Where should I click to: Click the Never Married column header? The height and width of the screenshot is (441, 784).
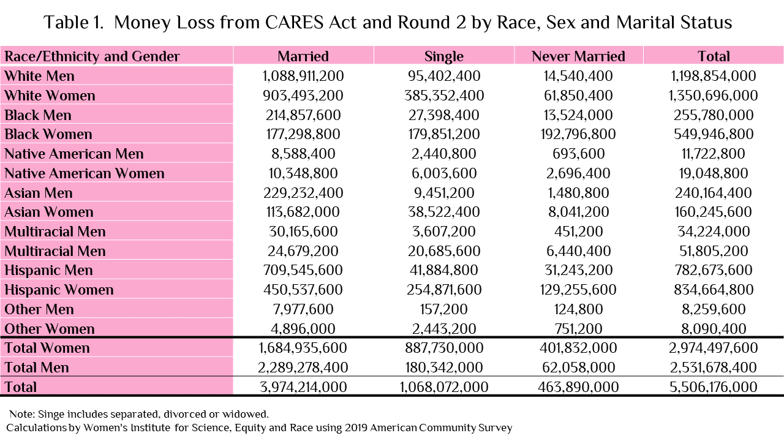(x=578, y=56)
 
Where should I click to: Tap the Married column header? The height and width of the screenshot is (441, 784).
(x=303, y=56)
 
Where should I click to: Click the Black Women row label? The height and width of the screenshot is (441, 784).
(x=48, y=134)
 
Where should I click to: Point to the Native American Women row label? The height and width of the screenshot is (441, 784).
(x=85, y=173)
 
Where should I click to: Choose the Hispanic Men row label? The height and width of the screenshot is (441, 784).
(x=48, y=271)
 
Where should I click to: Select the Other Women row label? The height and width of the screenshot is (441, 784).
(x=50, y=329)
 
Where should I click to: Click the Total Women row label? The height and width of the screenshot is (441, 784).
(x=47, y=349)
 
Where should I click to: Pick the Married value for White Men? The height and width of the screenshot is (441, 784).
(x=303, y=76)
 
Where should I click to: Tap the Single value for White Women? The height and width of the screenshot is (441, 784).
(x=444, y=96)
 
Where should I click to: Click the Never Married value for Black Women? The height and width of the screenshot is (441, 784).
(x=578, y=134)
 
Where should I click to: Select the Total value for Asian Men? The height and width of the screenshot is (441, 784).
(x=714, y=193)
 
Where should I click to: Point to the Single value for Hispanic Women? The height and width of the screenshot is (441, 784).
(x=444, y=290)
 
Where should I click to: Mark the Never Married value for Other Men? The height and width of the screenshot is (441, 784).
(x=578, y=309)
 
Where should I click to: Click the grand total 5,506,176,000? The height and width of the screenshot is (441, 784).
(x=714, y=387)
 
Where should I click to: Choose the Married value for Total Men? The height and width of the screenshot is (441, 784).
(x=303, y=367)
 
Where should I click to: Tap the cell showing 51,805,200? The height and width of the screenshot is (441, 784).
(x=714, y=251)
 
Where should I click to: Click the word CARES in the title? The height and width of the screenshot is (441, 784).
(x=294, y=23)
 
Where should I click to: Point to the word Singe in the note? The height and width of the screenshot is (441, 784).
(x=51, y=415)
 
